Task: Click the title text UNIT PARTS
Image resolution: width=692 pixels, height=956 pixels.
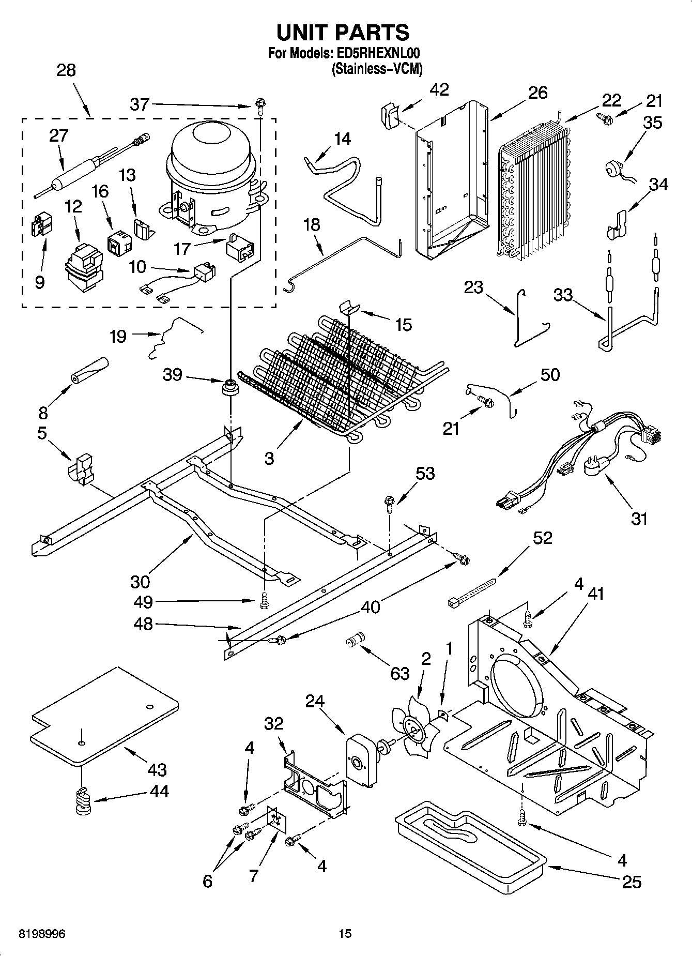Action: (x=343, y=32)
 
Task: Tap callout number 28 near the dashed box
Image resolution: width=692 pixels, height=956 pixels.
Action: (x=66, y=70)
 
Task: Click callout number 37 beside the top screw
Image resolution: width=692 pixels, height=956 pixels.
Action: (x=140, y=104)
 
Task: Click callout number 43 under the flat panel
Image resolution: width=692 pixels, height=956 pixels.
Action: (x=157, y=769)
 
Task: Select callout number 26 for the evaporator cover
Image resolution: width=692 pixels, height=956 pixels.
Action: (x=537, y=93)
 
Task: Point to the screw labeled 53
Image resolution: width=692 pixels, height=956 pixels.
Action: (x=390, y=502)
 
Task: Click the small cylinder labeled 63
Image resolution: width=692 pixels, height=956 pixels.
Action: (x=355, y=639)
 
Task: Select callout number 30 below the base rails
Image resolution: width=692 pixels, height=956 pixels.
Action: (x=140, y=581)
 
